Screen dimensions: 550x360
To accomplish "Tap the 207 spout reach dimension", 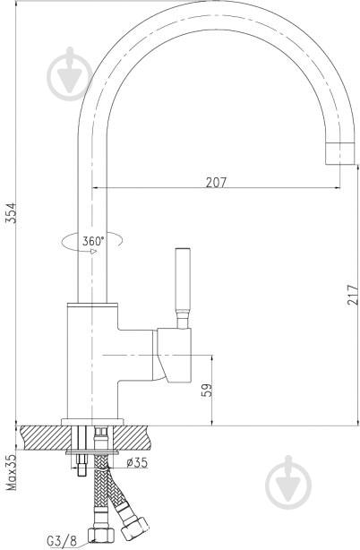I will tap(215, 182).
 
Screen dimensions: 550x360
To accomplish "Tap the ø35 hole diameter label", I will tap(137, 462).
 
